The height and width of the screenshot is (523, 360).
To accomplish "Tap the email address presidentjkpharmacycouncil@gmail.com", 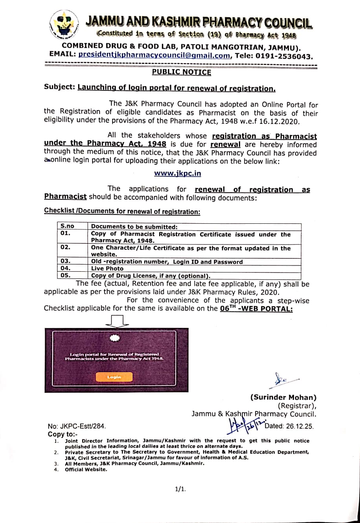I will click(154, 55).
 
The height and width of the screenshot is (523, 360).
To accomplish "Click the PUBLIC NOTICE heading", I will click(182, 72).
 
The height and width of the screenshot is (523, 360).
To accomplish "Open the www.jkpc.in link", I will click(177, 173).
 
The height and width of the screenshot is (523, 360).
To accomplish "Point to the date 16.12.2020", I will click(282, 122).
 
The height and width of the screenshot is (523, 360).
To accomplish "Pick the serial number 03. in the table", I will click(66, 261).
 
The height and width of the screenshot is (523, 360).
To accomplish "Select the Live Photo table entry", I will click(107, 269).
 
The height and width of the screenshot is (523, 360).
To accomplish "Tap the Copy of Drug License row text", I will click(151, 276).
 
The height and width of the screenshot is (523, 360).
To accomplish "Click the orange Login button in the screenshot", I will click(114, 377).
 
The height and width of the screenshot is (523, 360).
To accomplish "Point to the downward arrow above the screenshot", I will click(117, 321).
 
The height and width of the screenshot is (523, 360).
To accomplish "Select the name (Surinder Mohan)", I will click(283, 398).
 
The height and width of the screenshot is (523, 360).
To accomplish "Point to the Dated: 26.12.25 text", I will click(289, 426).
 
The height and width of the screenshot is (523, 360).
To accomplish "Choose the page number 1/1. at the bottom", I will click(180, 489).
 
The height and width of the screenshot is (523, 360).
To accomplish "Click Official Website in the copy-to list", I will click(86, 470).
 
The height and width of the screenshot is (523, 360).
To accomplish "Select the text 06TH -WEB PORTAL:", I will click(256, 309).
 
